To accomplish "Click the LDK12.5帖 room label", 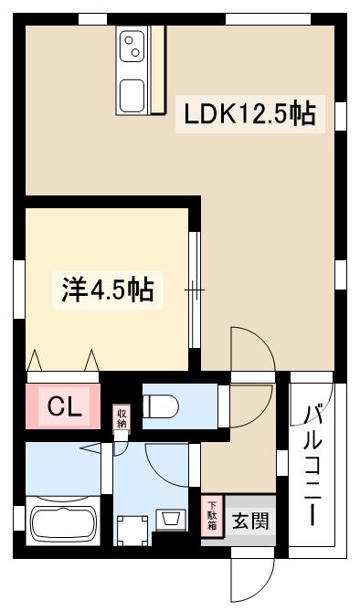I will tap(249, 114).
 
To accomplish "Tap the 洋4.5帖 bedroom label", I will tap(107, 290).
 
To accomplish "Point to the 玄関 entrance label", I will tap(249, 522).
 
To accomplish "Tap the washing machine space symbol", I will tap(130, 528).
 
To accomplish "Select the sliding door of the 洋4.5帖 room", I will tap(194, 290).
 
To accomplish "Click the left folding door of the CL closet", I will tap(36, 362).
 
